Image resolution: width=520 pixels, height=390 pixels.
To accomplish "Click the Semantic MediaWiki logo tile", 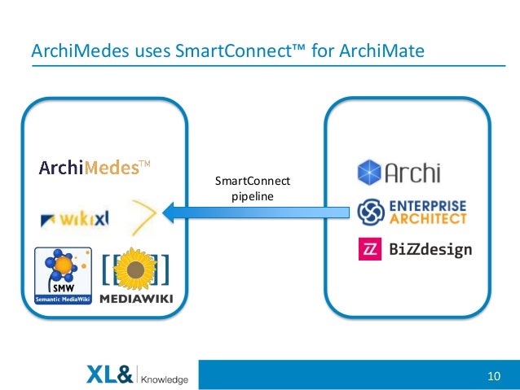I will point(61,278).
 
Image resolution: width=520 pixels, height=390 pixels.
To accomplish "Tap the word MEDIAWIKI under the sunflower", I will point(135,299).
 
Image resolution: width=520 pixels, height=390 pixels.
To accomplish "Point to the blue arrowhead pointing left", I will point(173,213).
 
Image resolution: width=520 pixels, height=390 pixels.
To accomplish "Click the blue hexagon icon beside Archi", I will point(370,172).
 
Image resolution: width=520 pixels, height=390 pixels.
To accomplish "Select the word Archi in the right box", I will point(412,173).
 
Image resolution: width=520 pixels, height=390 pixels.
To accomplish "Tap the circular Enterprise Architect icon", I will point(371,212).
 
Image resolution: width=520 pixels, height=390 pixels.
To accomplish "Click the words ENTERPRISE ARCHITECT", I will point(427,212).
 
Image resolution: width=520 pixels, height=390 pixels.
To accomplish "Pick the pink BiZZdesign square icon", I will point(371,249).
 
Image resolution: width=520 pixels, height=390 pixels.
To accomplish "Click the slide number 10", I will point(492,376).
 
